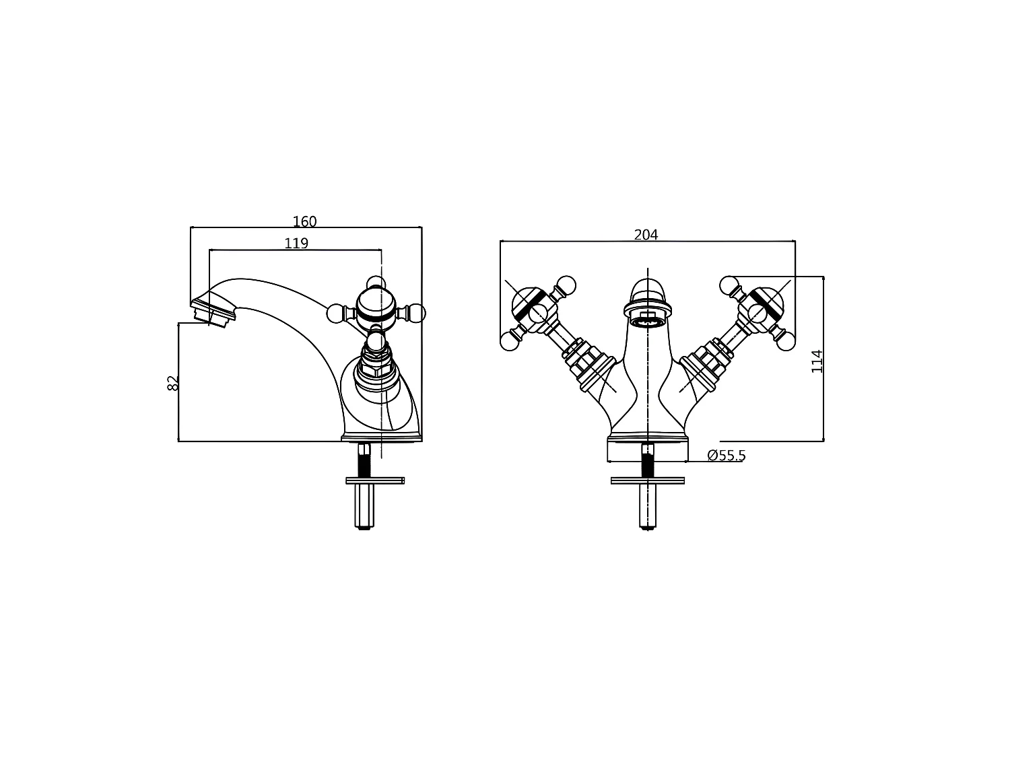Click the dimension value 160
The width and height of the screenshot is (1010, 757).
[304, 221]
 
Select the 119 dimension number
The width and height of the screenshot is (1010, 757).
[296, 243]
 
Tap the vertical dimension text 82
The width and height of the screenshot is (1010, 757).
[173, 383]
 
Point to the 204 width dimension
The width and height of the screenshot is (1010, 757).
[646, 235]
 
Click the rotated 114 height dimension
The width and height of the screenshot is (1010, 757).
[817, 361]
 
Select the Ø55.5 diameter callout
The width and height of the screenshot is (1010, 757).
[726, 456]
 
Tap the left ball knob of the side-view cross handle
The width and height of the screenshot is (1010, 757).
[335, 313]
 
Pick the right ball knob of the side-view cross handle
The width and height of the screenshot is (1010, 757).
[417, 313]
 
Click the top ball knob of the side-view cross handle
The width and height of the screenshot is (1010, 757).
[376, 283]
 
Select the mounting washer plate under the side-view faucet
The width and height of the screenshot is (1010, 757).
[375, 480]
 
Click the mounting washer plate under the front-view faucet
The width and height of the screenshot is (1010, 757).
[648, 480]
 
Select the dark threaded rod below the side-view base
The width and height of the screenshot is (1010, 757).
[364, 461]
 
